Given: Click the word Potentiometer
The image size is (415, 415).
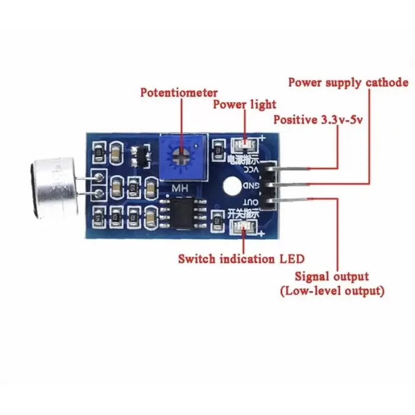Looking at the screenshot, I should pos(179,93).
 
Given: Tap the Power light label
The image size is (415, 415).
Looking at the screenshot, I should pos(244,104).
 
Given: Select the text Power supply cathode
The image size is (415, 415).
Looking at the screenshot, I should pos(348,82).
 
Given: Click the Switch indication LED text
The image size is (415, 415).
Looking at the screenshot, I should pos(241,258).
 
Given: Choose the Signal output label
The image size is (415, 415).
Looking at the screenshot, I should pos(331,276).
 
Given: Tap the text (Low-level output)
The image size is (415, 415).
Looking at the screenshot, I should pos(331,291).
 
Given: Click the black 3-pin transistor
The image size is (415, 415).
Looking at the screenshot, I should pos(141,155).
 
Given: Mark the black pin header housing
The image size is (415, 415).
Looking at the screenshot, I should pos(270,185).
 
